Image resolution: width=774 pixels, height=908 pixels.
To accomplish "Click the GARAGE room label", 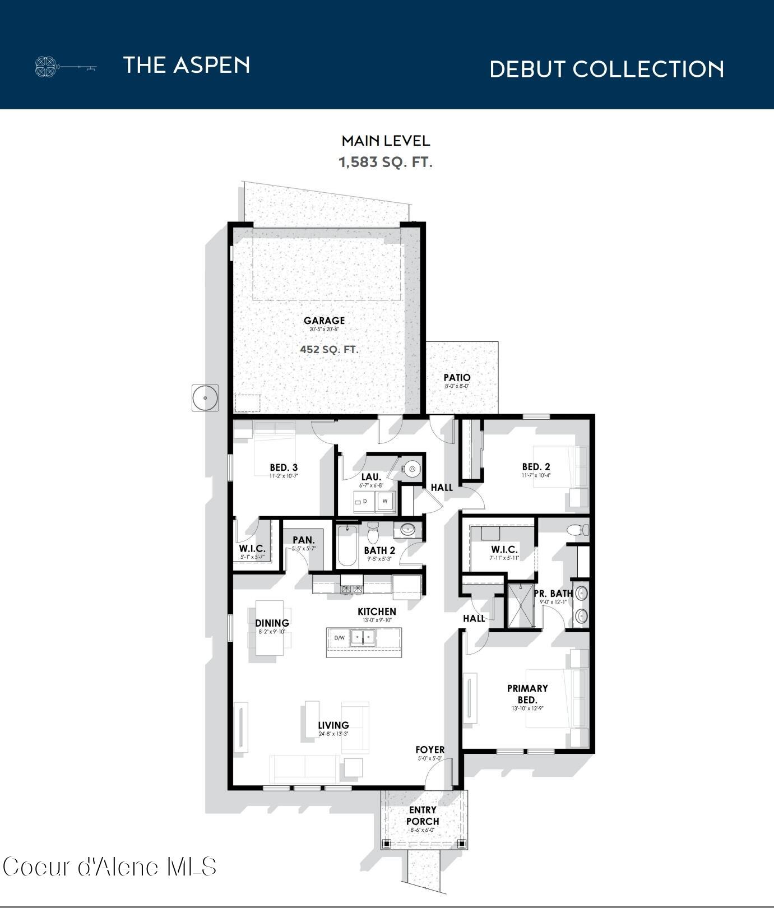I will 324,321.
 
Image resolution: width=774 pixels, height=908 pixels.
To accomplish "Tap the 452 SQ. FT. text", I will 329,349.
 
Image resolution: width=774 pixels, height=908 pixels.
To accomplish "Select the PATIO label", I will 457,378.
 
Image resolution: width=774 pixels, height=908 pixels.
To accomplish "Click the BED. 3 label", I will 284,467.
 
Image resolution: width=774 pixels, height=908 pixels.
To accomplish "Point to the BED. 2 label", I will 536,466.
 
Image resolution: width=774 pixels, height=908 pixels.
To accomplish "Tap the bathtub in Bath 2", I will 346,546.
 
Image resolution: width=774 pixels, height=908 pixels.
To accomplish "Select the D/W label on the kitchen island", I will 340,638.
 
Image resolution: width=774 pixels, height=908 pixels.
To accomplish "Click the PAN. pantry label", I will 304,540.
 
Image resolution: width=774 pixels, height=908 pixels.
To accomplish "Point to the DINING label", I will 272,623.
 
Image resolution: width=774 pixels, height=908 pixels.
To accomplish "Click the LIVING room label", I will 333,725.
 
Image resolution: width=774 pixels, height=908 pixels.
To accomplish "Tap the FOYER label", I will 430,750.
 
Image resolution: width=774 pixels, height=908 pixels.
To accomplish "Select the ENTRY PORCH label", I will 423,816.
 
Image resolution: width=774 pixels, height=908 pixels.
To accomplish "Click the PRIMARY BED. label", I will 527,694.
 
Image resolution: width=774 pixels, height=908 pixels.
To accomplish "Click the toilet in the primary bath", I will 578,530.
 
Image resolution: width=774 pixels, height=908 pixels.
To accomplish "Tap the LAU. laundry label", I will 371,477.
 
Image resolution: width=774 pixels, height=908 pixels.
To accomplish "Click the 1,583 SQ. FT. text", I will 386,163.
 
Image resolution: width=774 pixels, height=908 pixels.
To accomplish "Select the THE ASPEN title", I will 186,65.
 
